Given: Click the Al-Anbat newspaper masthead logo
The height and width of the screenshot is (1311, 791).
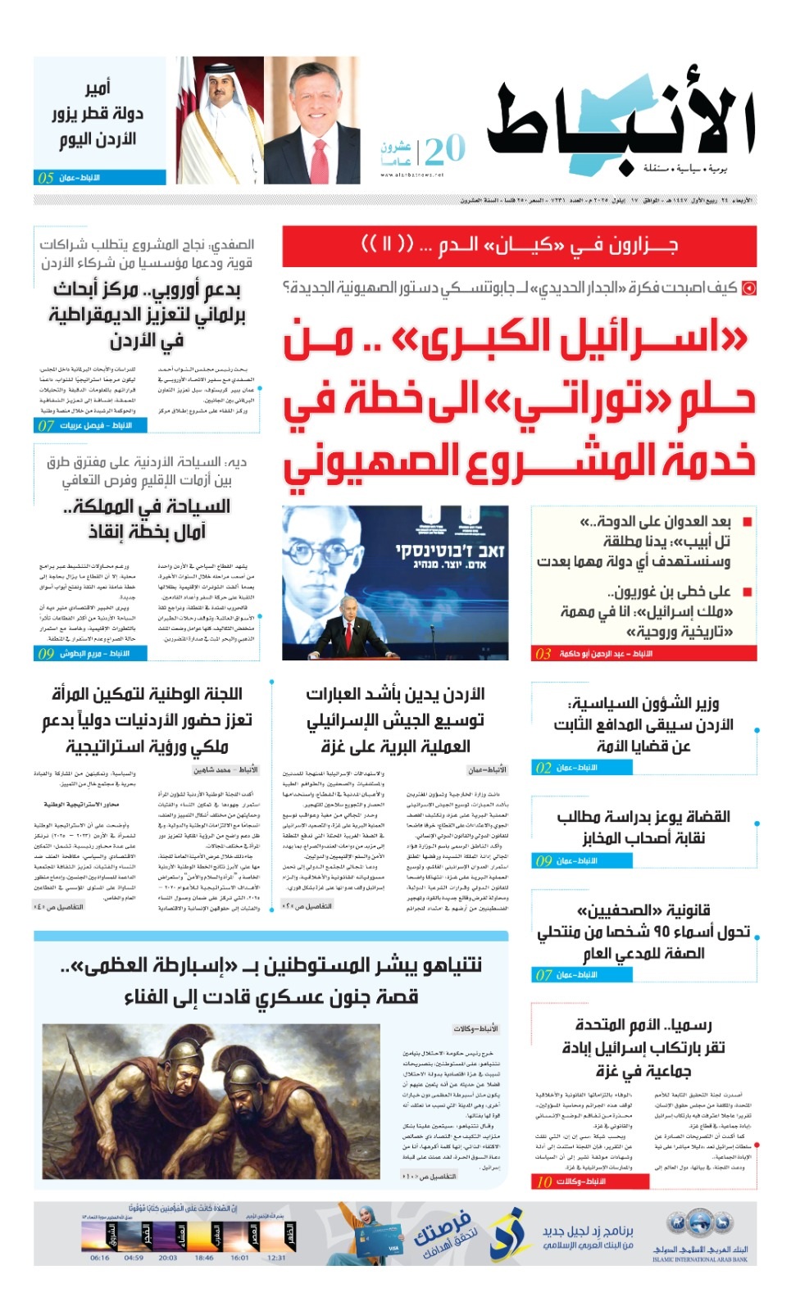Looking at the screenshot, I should point(621,123).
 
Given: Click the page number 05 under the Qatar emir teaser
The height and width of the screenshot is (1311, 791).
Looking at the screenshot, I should point(46,178).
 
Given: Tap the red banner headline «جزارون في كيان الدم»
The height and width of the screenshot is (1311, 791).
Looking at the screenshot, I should point(519,245).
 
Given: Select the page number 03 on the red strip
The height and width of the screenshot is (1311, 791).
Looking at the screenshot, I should point(543,654).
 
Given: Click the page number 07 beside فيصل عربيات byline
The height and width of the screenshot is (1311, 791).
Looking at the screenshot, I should point(46,425).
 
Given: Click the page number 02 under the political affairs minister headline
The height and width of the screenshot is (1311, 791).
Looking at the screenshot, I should point(543,768).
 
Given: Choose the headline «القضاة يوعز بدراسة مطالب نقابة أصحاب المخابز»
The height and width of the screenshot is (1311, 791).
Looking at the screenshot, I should point(643,827).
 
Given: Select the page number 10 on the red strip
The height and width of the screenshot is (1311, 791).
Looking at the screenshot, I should point(544,1182).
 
